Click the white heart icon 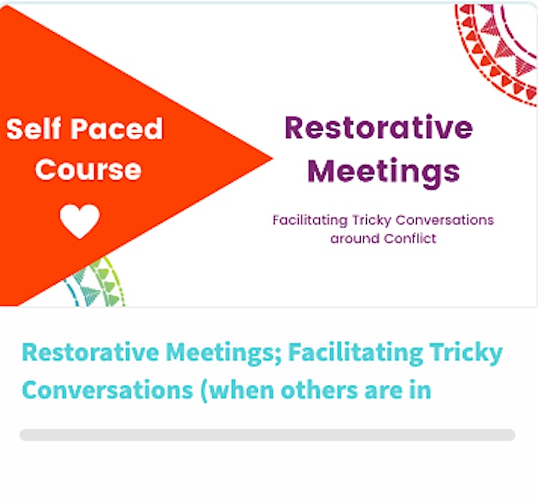pos(80,221)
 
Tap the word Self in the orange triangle pos(34,129)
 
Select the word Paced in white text pos(117,129)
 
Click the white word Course pos(88,170)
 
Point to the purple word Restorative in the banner pos(379,128)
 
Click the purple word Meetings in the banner pos(383,173)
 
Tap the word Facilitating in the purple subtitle pos(310,220)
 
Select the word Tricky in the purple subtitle pos(371,220)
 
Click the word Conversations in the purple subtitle pos(445,220)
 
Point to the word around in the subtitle pos(354,238)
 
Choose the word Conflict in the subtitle pos(409,238)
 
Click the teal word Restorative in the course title pos(90,352)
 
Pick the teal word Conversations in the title pos(108,390)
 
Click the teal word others pos(319,389)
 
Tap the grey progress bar pos(268,435)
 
